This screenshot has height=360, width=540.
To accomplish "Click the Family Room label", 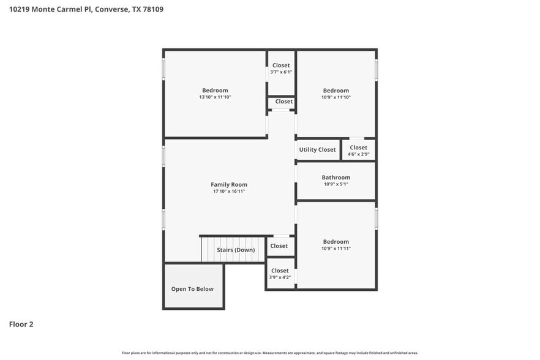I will (x=229, y=184).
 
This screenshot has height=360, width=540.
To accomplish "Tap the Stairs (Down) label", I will (x=236, y=250).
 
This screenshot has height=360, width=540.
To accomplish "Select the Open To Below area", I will (x=192, y=289).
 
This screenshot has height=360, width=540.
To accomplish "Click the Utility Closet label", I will (x=317, y=149).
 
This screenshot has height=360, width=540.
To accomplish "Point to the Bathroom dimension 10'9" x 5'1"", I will (x=336, y=184).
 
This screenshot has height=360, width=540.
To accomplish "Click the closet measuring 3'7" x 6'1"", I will (x=281, y=69).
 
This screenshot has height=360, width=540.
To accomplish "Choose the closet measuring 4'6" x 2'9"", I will (x=358, y=151).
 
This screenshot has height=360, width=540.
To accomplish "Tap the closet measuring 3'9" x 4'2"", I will (x=280, y=274).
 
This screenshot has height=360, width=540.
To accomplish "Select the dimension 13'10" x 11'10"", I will (x=215, y=97).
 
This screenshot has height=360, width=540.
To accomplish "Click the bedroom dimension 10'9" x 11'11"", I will (x=336, y=249).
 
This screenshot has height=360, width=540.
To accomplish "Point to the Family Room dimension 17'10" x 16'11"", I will (x=229, y=192).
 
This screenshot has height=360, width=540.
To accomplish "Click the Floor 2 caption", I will (x=21, y=324).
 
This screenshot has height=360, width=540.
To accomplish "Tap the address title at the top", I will (x=86, y=9).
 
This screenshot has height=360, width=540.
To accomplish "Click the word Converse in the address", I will (x=111, y=9).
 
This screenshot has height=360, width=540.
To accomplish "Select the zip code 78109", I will (x=153, y=9).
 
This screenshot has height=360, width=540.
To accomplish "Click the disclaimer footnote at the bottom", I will (x=269, y=353).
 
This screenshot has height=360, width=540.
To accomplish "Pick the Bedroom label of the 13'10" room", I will (x=215, y=90).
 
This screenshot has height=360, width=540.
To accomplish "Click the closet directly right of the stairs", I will (x=279, y=246).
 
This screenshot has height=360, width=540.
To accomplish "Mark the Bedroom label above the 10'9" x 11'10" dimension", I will (x=336, y=90).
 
